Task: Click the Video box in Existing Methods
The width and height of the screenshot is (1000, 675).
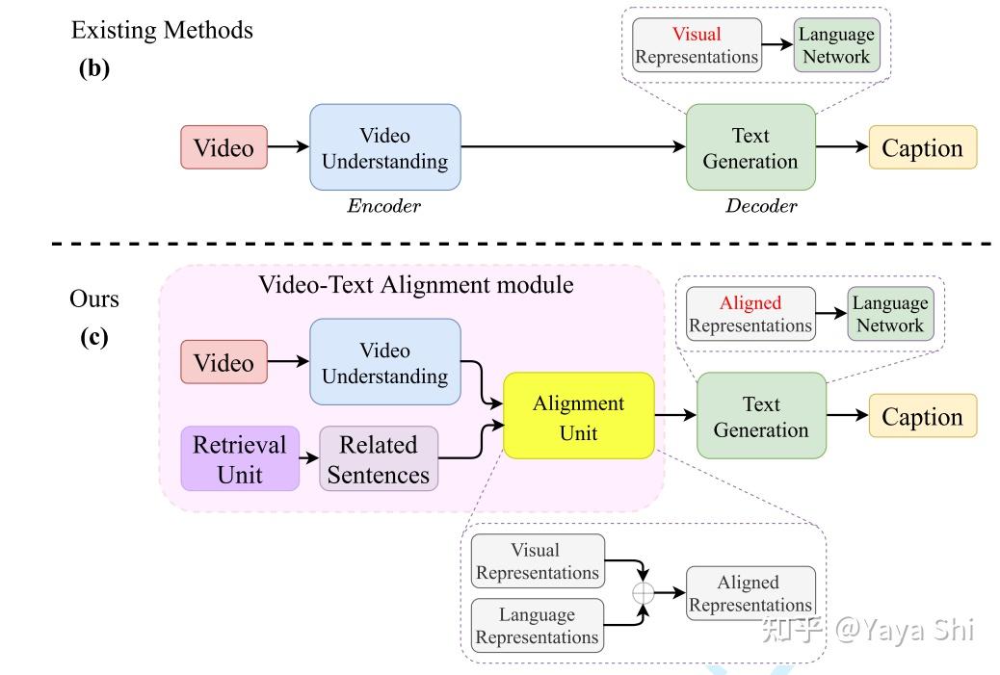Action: coord(224,147)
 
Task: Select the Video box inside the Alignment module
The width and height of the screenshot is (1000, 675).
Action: coord(224,363)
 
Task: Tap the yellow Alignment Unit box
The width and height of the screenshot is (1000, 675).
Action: coord(578,417)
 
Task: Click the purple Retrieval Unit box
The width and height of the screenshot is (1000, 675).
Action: coord(240,459)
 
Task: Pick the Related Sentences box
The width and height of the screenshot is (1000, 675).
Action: coord(378,459)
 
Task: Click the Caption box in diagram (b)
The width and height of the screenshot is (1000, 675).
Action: coord(922,147)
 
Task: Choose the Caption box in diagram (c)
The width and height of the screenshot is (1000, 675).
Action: coord(922,417)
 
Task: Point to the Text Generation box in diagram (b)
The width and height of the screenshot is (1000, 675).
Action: coord(750,147)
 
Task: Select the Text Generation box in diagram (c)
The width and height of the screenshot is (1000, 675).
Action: coord(760,416)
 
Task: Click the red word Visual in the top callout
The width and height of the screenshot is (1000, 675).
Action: coord(696,34)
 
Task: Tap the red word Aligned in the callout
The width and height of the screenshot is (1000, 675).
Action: coord(750,302)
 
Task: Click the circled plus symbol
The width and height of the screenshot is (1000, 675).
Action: coord(643,593)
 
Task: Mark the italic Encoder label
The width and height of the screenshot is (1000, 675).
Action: coord(384,205)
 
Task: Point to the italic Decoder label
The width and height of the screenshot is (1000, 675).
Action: coord(760,205)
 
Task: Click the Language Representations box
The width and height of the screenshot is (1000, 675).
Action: coord(537,626)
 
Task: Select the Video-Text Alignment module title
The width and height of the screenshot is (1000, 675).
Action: coord(415,285)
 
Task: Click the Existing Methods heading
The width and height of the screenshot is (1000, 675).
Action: coord(162,30)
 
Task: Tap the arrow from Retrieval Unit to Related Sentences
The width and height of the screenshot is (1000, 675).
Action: coord(309,459)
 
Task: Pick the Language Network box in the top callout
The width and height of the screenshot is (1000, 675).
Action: coord(835,45)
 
